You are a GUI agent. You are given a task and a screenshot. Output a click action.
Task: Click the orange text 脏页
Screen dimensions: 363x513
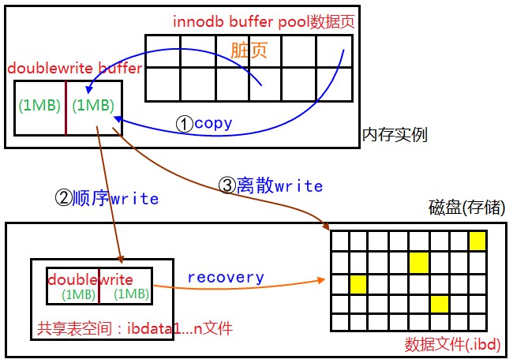pyautogui.click(x=249, y=50)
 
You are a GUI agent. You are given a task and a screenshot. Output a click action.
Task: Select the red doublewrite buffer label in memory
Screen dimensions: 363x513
pyautogui.click(x=75, y=68)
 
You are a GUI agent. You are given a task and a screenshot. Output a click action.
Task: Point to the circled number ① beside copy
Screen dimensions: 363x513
pyautogui.click(x=183, y=123)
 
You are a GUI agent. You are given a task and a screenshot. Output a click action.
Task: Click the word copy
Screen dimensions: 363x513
pyautogui.click(x=213, y=123)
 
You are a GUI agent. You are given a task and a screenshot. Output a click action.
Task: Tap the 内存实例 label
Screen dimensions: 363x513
pyautogui.click(x=395, y=134)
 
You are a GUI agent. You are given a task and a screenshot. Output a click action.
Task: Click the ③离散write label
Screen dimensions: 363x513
pyautogui.click(x=269, y=185)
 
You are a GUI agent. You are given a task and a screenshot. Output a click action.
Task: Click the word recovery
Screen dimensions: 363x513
pyautogui.click(x=226, y=277)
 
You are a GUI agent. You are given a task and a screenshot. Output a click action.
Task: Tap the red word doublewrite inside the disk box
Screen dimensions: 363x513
pyautogui.click(x=90, y=279)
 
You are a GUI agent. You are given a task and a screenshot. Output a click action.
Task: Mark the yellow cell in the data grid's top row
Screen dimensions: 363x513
pyautogui.click(x=477, y=241)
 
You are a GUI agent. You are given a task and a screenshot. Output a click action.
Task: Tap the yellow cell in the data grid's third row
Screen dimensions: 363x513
pyautogui.click(x=359, y=283)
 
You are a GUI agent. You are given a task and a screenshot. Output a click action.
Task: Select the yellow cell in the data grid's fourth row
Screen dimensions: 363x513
pyautogui.click(x=438, y=303)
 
